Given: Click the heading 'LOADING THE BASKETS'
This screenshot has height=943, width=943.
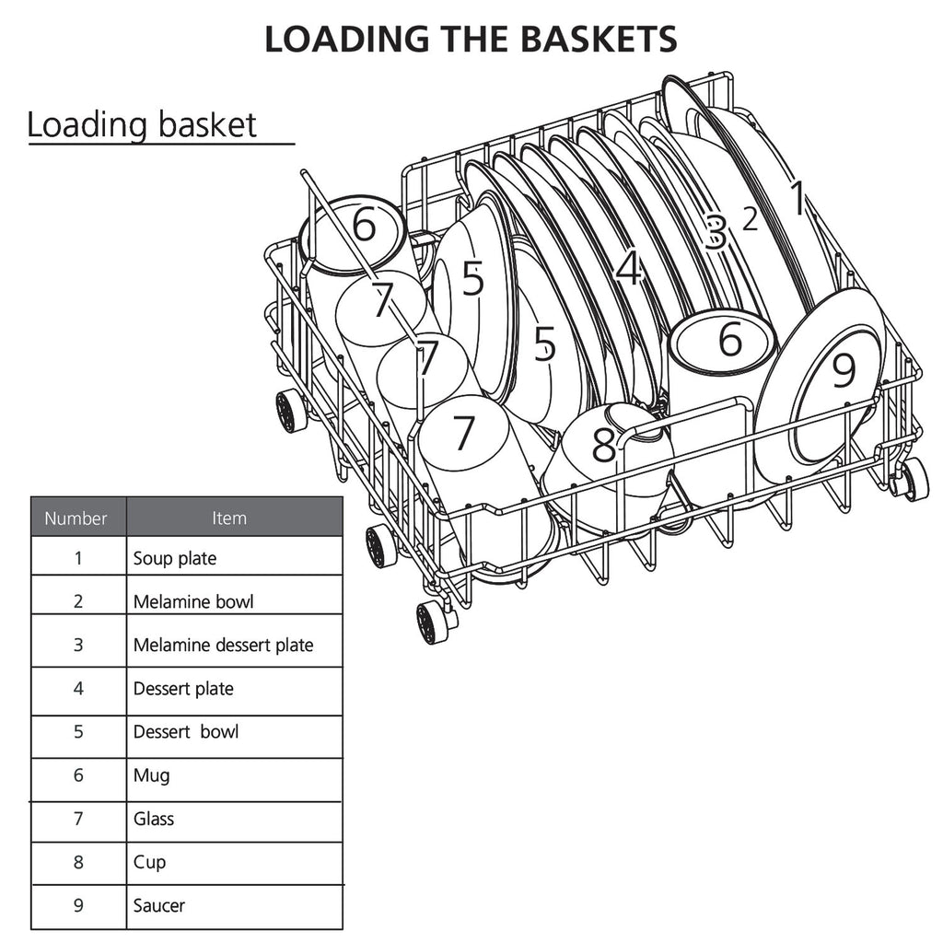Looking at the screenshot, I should (471, 39).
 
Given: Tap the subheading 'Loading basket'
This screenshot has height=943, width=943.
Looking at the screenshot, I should (142, 124).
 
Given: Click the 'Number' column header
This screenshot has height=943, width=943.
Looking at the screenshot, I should (76, 518).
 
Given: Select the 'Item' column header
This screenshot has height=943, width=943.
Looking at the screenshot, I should (229, 518).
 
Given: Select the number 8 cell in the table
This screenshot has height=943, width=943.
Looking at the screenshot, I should (78, 862).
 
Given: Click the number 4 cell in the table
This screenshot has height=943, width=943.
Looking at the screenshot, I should (78, 689).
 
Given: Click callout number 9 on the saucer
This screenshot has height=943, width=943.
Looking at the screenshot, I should (844, 371).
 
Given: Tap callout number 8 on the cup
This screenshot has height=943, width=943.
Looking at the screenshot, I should (603, 447).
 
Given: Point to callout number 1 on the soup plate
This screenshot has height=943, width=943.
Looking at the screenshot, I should (797, 198).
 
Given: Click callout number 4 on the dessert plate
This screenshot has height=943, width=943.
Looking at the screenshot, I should (628, 269).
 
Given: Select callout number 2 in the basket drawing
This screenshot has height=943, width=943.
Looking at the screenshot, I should (750, 219).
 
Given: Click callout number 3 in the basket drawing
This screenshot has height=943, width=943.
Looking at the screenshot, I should (716, 232).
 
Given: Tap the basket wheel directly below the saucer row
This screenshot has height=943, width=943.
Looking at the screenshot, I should (912, 479).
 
